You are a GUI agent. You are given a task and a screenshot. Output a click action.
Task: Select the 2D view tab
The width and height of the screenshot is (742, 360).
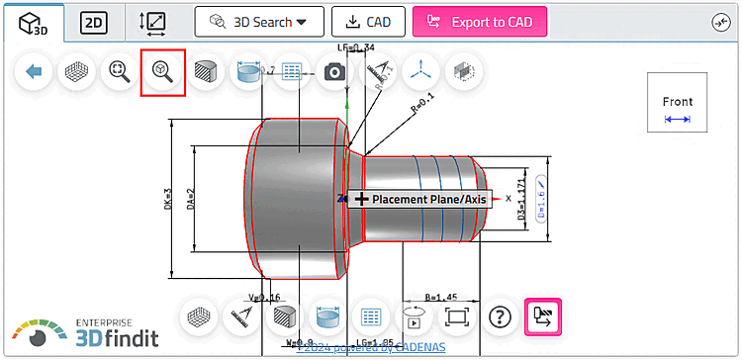click(94, 22)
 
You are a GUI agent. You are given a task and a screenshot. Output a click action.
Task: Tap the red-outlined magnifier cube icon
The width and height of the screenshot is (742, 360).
click(163, 72)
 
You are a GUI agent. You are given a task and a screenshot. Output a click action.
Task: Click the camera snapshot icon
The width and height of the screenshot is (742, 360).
click(335, 71)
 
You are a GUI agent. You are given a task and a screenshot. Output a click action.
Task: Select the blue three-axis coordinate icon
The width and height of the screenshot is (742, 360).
click(419, 71)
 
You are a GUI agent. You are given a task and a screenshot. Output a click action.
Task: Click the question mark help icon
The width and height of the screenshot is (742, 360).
click(502, 317)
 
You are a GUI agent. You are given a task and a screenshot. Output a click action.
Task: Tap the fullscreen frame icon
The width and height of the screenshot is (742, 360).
click(456, 317)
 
